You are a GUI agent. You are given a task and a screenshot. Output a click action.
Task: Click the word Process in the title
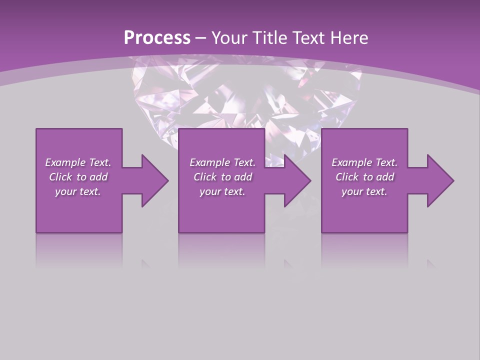157,37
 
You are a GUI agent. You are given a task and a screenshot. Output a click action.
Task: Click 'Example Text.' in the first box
78,162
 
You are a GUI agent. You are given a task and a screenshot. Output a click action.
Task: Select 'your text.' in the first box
78,191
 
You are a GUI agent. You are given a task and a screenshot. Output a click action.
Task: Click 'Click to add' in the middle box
222,177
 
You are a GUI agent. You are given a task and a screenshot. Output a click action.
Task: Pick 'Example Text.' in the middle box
222,162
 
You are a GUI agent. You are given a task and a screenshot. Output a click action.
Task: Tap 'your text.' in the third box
364,191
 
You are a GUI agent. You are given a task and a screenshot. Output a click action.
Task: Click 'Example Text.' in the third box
364,162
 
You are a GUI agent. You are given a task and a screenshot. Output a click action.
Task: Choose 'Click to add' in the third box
364,177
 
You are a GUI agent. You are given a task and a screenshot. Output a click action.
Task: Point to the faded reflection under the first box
79,250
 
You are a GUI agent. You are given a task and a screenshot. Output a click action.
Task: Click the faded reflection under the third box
364,250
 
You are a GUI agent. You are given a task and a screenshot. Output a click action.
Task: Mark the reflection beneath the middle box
221,250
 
